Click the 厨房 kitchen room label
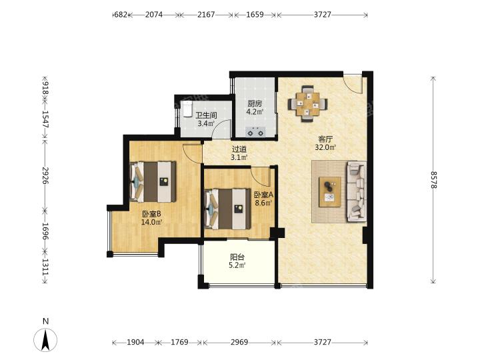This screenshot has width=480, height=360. coord(255,104)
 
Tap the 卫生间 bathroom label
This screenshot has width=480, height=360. coord(206,115)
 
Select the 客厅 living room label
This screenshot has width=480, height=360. coord(325,139)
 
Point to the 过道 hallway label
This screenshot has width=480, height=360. coord(239,149)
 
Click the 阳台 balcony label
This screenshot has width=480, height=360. coord(237,257)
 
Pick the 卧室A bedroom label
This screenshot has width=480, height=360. coord(263,195)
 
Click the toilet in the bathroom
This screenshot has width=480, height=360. coord(187,109)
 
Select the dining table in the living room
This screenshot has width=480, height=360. coord(307,104)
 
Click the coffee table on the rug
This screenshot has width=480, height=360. coord(330,192)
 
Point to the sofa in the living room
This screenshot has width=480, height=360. coord(357,191)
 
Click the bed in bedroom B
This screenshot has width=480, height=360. coord(153,182)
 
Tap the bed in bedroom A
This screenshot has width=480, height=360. coord(227,209)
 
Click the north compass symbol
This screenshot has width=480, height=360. coord(45,339)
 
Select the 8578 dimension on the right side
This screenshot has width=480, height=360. coord(434,180)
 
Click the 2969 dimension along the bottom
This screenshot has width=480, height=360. coord(239,342)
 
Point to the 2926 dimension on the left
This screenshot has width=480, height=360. coord(45,175)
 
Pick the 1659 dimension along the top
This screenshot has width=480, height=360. coord(255,15)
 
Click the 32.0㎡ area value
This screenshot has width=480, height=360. coord(325,147)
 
